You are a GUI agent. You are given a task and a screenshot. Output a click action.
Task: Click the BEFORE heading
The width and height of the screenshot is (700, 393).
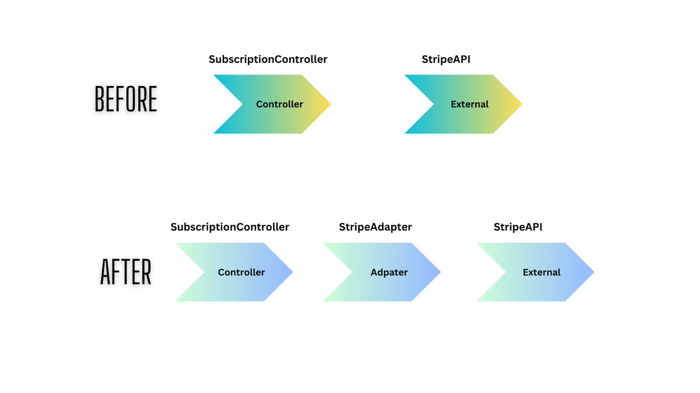coord(126,100)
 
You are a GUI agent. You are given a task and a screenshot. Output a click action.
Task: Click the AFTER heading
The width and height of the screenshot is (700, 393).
coord(126,272)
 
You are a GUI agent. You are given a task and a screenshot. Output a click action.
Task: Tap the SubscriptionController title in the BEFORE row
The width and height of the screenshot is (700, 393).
coord(268,59)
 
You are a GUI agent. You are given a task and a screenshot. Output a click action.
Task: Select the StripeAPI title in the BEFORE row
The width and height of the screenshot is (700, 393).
coord(446,59)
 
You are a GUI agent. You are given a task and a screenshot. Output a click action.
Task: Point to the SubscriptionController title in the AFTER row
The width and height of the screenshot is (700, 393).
coord(230,227)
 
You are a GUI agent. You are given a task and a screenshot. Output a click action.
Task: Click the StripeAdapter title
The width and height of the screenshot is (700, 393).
coord(375,227)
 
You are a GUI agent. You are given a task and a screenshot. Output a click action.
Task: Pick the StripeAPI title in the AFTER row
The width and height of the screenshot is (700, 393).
coord(518,227)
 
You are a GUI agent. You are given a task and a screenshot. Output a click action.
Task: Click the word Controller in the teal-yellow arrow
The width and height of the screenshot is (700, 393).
coord(279,105)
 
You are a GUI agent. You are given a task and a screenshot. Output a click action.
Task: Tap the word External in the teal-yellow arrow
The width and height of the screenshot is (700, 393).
coord(470,105)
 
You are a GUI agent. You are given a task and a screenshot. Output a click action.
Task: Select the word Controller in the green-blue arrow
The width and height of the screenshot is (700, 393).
coord(241,272)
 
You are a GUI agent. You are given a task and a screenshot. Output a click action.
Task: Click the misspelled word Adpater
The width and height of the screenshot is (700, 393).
coord(389,272)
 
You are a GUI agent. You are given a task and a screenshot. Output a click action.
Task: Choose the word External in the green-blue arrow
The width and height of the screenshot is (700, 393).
coord(541,272)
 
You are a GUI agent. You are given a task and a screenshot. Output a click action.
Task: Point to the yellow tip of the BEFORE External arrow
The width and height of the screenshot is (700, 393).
coord(514,104)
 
